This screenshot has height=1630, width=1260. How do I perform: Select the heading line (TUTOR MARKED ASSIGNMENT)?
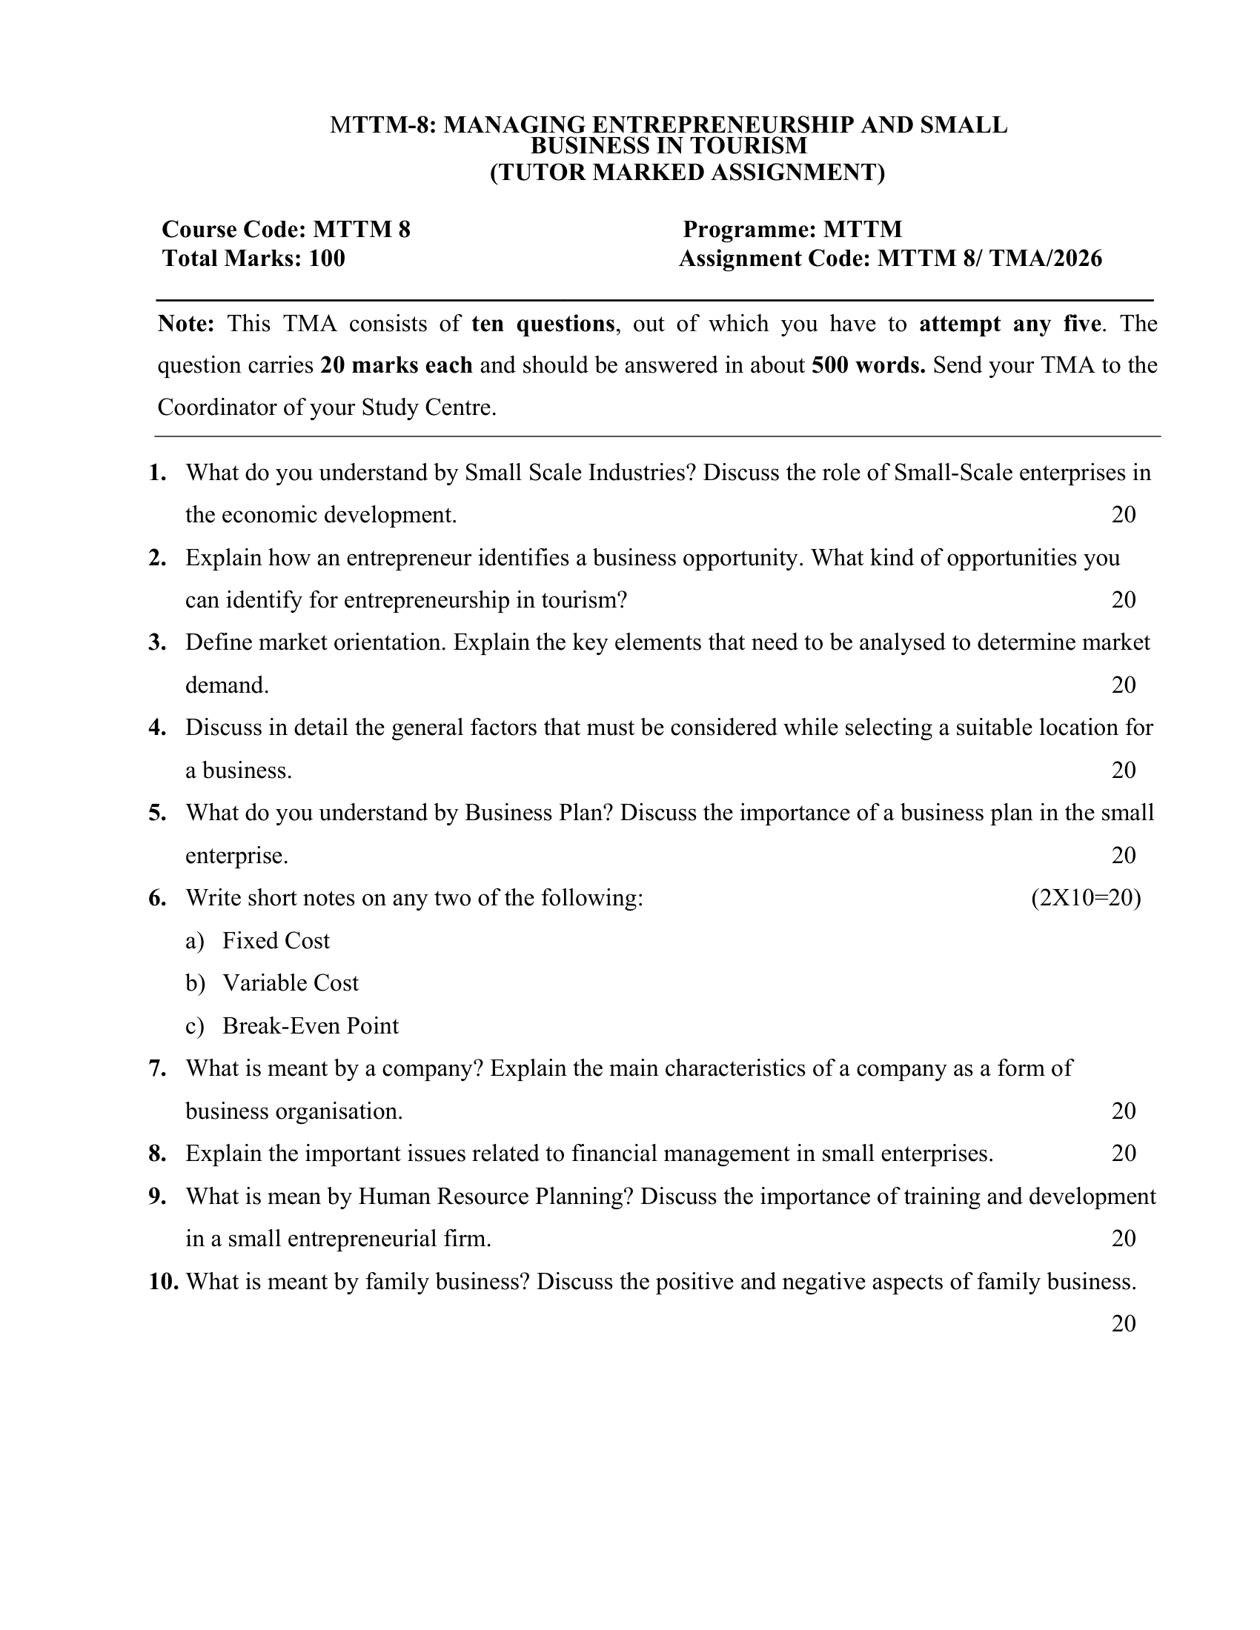tap(687, 173)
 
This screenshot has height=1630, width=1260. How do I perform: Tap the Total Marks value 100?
tap(327, 259)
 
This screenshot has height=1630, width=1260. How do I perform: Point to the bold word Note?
tap(186, 324)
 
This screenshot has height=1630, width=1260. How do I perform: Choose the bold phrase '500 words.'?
tap(868, 366)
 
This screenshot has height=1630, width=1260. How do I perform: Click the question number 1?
tap(156, 473)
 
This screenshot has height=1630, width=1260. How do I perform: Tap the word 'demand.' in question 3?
tap(227, 685)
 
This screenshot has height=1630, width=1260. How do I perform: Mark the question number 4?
tap(156, 728)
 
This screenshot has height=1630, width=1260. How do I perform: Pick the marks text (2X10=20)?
tap(1086, 898)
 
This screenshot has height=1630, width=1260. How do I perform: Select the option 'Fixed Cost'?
tap(276, 941)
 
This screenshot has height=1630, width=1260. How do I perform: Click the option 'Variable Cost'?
tap(291, 983)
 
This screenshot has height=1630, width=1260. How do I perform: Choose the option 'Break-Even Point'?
tap(310, 1026)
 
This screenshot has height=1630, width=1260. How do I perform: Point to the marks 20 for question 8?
tap(1124, 1154)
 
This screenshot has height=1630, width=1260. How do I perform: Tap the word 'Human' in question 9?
tap(394, 1197)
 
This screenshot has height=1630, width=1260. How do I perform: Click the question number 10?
tap(164, 1282)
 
